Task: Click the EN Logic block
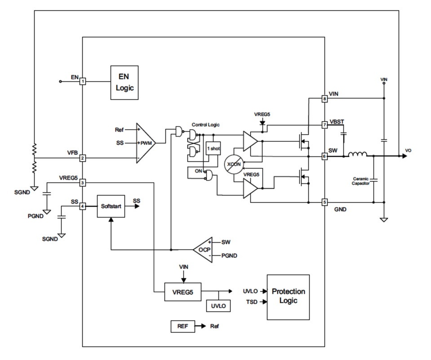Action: [x=124, y=83]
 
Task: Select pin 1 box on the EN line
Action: [x=83, y=81]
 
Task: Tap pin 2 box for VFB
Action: [x=83, y=158]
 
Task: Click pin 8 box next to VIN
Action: [x=324, y=98]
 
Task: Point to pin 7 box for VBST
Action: [x=324, y=124]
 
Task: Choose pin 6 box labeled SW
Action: [x=324, y=156]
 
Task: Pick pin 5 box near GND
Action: [x=324, y=202]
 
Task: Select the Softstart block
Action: [x=111, y=206]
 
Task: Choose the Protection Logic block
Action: [x=288, y=297]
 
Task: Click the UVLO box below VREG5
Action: [x=218, y=306]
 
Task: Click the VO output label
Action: [x=408, y=150]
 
